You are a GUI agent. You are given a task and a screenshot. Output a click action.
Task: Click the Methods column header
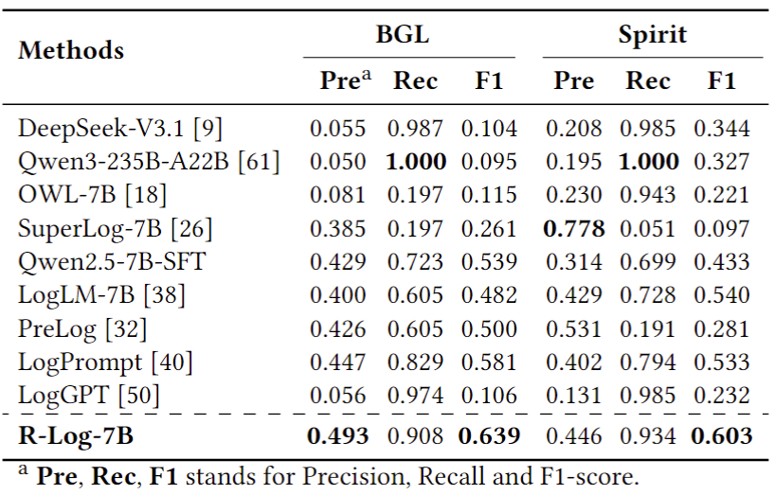click(71, 49)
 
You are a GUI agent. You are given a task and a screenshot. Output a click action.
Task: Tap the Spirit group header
click(653, 36)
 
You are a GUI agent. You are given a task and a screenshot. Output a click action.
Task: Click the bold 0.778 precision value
click(574, 228)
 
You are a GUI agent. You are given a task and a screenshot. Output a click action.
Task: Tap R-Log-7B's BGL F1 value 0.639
click(489, 436)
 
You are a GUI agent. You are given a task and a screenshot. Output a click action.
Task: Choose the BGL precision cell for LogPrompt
click(336, 362)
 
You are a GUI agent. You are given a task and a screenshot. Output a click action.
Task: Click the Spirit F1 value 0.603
click(724, 436)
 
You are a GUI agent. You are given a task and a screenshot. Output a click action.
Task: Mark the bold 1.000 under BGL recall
click(416, 161)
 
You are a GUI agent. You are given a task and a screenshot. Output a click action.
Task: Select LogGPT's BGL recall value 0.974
click(416, 396)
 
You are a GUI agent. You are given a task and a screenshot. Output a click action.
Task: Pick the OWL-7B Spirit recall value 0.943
click(649, 195)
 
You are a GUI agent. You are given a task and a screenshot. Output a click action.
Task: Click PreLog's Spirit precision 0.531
click(574, 328)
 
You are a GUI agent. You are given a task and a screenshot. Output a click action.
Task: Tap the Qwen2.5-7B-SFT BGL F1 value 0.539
click(489, 262)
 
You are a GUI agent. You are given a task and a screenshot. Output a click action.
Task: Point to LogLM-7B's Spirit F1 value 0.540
click(724, 295)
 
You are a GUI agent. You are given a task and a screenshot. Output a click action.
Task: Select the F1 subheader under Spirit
click(722, 81)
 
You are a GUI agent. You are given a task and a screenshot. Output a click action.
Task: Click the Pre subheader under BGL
click(339, 81)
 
